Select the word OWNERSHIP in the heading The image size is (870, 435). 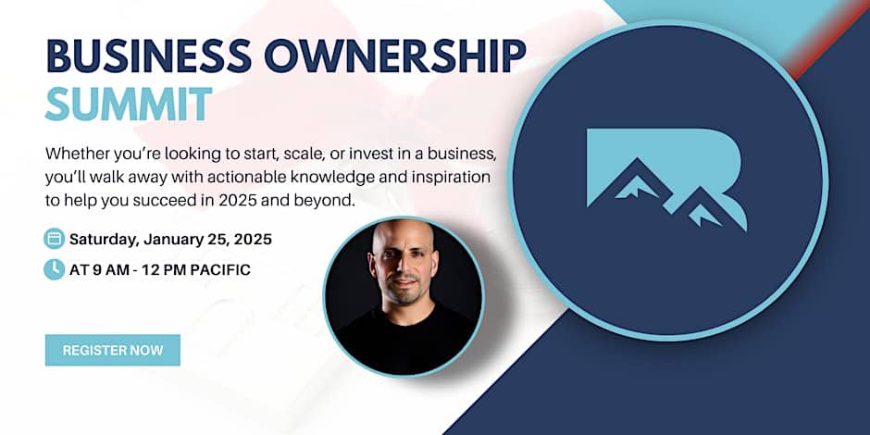(x=395, y=56)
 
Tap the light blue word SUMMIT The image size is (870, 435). (x=129, y=104)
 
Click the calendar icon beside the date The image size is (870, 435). (x=55, y=239)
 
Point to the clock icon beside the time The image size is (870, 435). (x=55, y=269)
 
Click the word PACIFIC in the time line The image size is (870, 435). (x=220, y=270)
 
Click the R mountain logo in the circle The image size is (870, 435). (x=665, y=178)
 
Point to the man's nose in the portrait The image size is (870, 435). (x=404, y=269)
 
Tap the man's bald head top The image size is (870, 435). (x=404, y=232)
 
